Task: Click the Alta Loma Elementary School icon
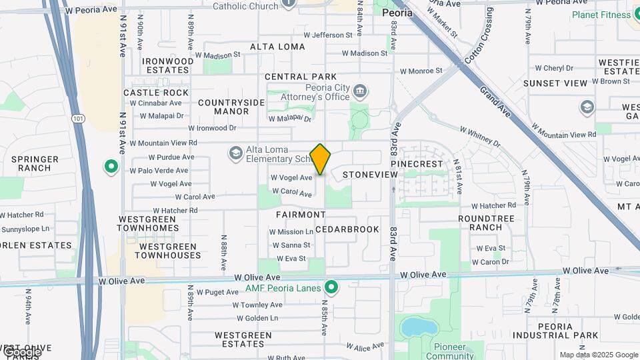coord(235,154)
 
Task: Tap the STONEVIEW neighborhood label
coord(370,175)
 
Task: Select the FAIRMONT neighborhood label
coord(301,215)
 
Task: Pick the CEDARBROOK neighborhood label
coord(347,229)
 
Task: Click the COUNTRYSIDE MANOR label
coord(231,107)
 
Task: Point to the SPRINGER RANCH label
coord(35,163)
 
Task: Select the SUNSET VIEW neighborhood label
coord(555,83)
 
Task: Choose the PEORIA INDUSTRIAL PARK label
coord(554,331)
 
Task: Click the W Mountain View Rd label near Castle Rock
coord(163,143)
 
